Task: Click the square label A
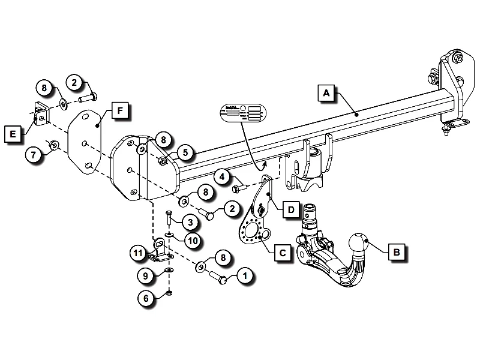click(326, 93)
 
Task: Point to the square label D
click(290, 210)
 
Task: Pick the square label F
click(120, 112)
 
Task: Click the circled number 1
click(245, 276)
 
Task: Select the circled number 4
click(223, 178)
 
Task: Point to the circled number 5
click(185, 153)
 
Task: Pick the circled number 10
click(191, 241)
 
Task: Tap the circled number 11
click(137, 254)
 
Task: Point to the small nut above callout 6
click(170, 292)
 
